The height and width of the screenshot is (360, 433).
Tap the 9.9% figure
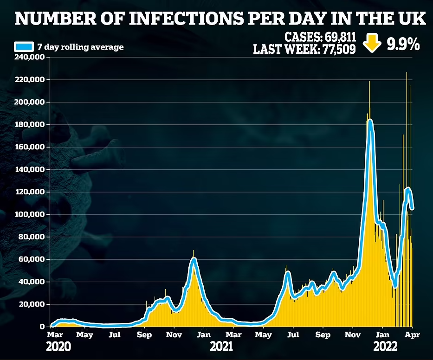tap(401, 44)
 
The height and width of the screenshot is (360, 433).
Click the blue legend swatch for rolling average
tap(24, 46)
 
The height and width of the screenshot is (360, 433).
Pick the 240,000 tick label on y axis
tap(30, 58)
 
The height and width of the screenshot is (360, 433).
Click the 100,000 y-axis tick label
tap(30, 214)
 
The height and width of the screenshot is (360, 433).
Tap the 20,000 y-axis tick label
tap(32, 304)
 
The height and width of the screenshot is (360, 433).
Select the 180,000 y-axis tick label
tap(30, 125)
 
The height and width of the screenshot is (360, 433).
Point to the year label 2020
tap(58, 347)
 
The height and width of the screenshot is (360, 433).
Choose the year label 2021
tap(221, 347)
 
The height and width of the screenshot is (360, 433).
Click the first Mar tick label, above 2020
tap(54, 334)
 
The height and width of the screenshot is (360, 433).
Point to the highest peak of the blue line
tap(370, 121)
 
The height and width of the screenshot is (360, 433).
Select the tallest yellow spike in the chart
tap(407, 73)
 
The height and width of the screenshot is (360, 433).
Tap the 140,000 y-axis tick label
tap(30, 170)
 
